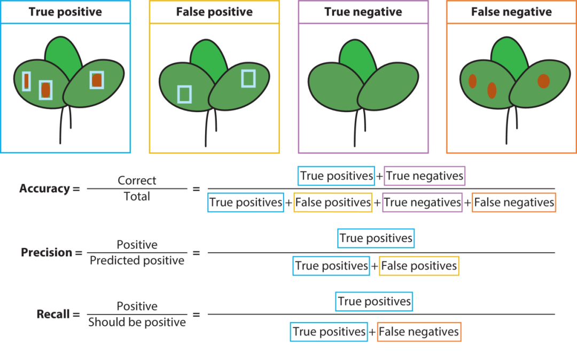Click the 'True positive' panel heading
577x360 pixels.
[x=66, y=12]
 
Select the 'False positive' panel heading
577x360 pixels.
[x=215, y=12]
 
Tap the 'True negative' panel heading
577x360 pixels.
[x=363, y=12]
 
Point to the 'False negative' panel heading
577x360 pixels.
[x=511, y=12]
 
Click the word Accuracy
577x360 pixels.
[x=44, y=188]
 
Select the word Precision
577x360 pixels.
[x=46, y=252]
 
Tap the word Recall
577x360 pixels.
[x=53, y=314]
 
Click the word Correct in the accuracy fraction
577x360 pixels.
[x=137, y=180]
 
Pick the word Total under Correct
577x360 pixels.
[x=137, y=197]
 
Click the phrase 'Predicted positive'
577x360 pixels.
[x=137, y=260]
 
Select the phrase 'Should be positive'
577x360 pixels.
[x=137, y=322]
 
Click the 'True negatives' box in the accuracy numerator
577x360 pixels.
[x=425, y=176]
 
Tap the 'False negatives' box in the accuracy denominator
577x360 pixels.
[x=514, y=202]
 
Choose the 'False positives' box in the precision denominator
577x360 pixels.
[x=419, y=266]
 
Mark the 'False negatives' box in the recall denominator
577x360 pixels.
[x=419, y=332]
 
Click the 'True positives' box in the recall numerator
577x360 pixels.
[x=374, y=302]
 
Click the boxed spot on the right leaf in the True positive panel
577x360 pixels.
[x=97, y=80]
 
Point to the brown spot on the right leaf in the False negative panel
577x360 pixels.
[x=543, y=81]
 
